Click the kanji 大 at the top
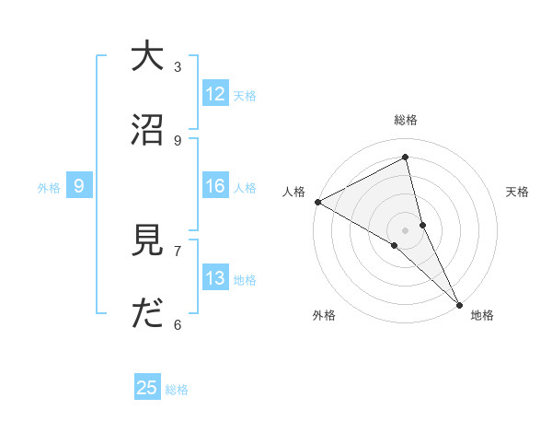coord(147,57)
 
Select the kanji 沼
coord(147,131)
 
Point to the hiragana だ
coord(147,315)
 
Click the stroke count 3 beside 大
coord(178,66)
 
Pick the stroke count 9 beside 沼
coord(178,140)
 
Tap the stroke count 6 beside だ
coord(178,324)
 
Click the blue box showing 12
coord(215,94)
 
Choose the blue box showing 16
coord(215,186)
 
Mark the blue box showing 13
coord(215,278)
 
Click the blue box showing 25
coord(147,388)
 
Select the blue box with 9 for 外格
coord(79,187)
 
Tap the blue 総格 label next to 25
coord(177,390)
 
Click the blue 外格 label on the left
coord(49,188)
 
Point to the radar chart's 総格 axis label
coord(406,120)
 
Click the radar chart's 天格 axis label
coord(517,192)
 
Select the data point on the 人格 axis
coord(317,202)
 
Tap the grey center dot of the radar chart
coord(406,229)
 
